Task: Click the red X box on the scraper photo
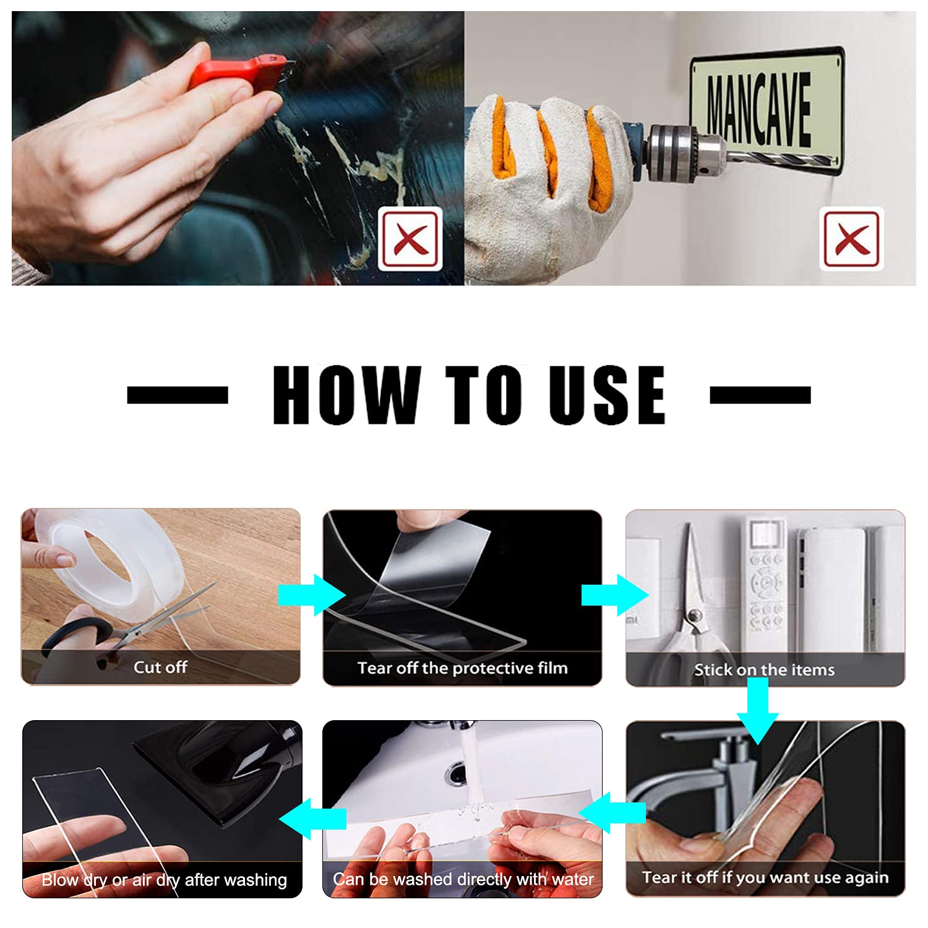[x=411, y=239]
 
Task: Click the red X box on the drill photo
[x=852, y=239]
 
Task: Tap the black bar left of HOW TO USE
[x=178, y=395]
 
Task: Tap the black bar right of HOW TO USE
[x=760, y=395]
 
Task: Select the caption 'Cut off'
[x=160, y=667]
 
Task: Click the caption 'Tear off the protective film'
[x=462, y=668]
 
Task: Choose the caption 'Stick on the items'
[x=764, y=670]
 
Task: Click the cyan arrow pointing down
[x=758, y=710]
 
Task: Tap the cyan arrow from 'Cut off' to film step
[x=312, y=595]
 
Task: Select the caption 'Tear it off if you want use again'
[x=765, y=877]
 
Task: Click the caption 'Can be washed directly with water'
[x=463, y=879]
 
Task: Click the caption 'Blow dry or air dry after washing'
[x=164, y=880]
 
